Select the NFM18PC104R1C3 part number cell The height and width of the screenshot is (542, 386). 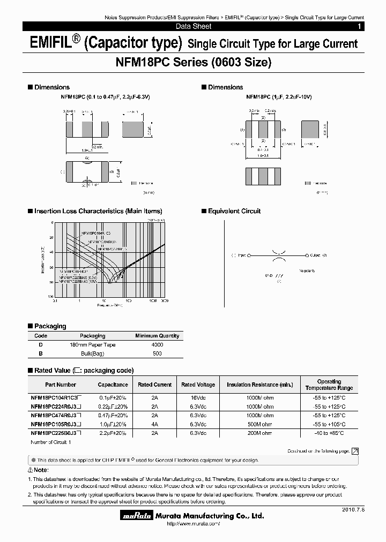tap(55, 398)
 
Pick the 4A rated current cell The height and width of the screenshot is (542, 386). tap(155, 424)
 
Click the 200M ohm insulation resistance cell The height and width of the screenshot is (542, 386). tap(260, 433)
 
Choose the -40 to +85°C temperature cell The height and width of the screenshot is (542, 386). tap(329, 433)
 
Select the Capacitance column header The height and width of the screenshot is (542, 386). tap(113, 385)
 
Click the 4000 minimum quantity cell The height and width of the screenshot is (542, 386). tap(157, 345)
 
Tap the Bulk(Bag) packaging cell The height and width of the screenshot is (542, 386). tap(92, 353)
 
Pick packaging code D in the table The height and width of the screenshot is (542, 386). tap(41, 345)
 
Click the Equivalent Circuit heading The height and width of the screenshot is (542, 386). tap(234, 211)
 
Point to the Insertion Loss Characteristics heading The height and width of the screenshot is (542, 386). tap(98, 211)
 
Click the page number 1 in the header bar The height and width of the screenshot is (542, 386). tap(359, 26)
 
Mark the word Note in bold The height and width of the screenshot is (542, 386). tap(41, 470)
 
